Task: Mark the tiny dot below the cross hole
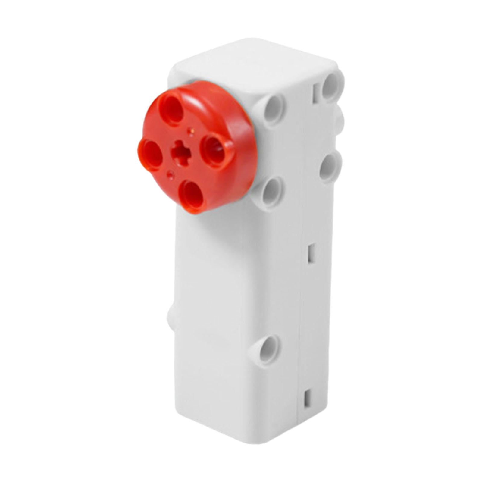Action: (x=171, y=174)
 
